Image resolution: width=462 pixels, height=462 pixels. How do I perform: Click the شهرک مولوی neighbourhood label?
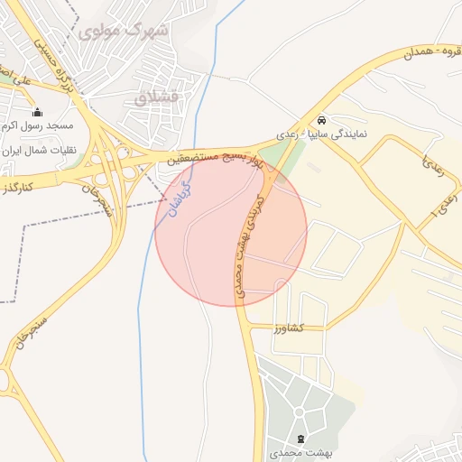pyautogui.click(x=124, y=32)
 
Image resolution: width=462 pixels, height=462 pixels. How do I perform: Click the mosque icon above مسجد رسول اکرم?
pyautogui.click(x=37, y=113)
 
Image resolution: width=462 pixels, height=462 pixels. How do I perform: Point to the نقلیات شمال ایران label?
pyautogui.click(x=38, y=150)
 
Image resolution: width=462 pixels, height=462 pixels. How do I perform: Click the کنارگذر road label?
pyautogui.click(x=19, y=186)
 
